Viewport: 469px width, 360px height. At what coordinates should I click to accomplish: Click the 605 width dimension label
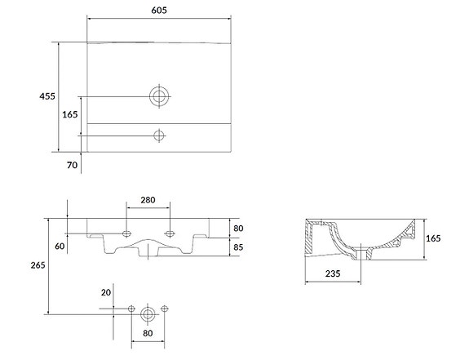pyautogui.click(x=159, y=10)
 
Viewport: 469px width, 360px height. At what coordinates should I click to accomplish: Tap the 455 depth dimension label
pyautogui.click(x=47, y=96)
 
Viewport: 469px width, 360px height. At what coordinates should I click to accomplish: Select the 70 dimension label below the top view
pyautogui.click(x=72, y=165)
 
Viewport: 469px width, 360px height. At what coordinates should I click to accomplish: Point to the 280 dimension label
pyautogui.click(x=148, y=200)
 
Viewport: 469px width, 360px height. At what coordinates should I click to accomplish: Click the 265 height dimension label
pyautogui.click(x=38, y=265)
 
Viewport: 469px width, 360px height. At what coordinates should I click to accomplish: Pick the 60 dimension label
pyautogui.click(x=60, y=246)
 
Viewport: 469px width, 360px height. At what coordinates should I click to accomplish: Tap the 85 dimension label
pyautogui.click(x=238, y=247)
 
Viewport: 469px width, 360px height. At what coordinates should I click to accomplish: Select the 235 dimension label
pyautogui.click(x=333, y=273)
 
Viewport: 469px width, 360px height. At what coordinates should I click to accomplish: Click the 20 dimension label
pyautogui.click(x=106, y=292)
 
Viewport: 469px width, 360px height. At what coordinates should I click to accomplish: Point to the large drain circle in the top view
pyautogui.click(x=159, y=96)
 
